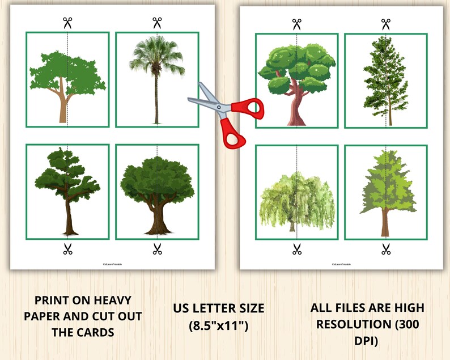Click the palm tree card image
pos(157,79)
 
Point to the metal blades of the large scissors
pos(207,99)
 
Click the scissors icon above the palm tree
pos(157,23)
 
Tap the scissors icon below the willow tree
pos(296,248)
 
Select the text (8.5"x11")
pos(218,325)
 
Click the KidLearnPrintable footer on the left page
pos(112,264)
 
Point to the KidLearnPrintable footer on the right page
pos(341,264)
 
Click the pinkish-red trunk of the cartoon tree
pos(296,108)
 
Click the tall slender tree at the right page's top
pos(386,79)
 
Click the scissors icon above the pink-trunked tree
pos(296,24)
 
